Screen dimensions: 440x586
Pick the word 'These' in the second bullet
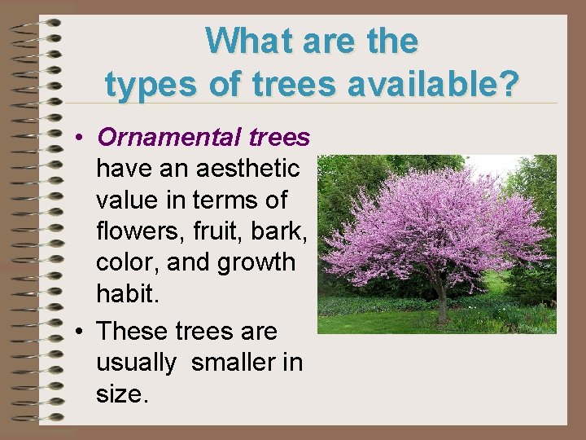tap(132, 332)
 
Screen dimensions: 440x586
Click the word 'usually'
tap(135, 363)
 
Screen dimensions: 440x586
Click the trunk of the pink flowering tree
tap(442, 306)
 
